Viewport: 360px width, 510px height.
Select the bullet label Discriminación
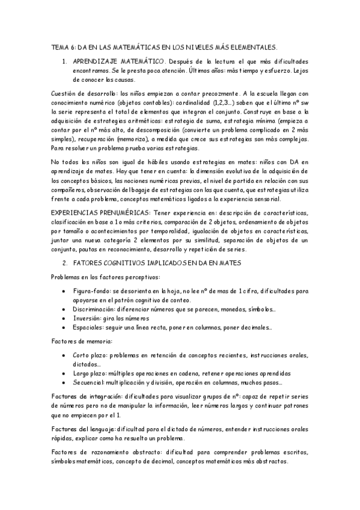(x=99, y=309)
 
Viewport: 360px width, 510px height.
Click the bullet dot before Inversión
(x=64, y=318)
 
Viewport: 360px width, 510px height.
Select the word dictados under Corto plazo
(x=87, y=364)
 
